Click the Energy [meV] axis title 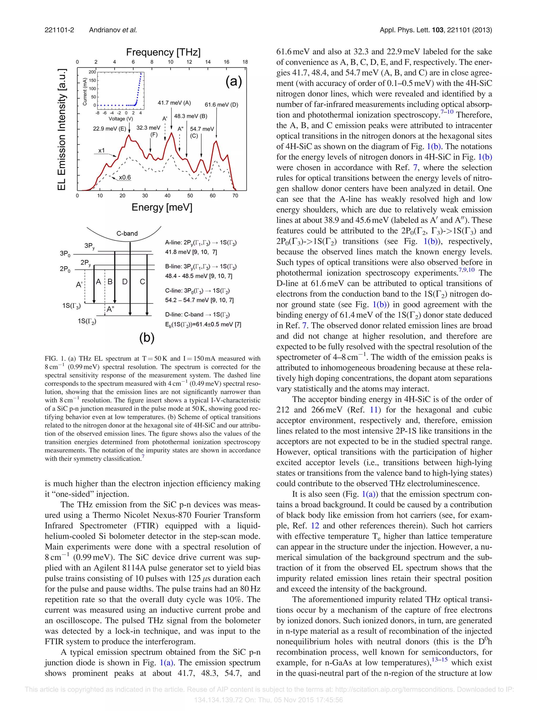pyautogui.click(x=162, y=207)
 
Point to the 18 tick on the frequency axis pyautogui.click(x=245, y=62)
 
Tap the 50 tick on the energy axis pyautogui.click(x=190, y=196)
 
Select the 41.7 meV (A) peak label pyautogui.click(x=174, y=103)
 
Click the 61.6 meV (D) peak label pyautogui.click(x=221, y=105)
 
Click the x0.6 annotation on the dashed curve pyautogui.click(x=125, y=177)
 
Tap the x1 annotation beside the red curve pyautogui.click(x=101, y=150)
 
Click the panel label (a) pyautogui.click(x=233, y=81)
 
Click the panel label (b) pyautogui.click(x=147, y=338)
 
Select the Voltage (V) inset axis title pyautogui.click(x=121, y=119)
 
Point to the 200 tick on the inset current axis pyautogui.click(x=93, y=72)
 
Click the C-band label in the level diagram pyautogui.click(x=127, y=233)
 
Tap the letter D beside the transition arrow pyautogui.click(x=125, y=282)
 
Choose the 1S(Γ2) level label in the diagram pyautogui.click(x=87, y=321)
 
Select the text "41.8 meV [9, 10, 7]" pyautogui.click(x=191, y=252)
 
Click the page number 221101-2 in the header pyautogui.click(x=60, y=30)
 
